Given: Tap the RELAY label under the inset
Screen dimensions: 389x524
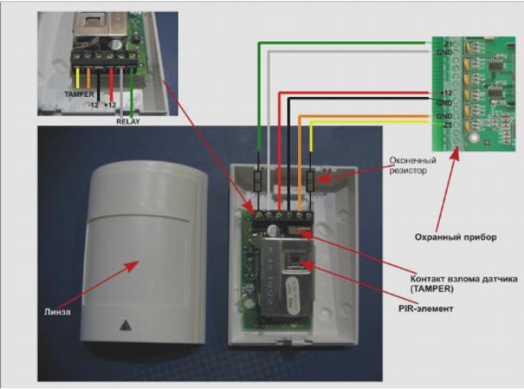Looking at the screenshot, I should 127,121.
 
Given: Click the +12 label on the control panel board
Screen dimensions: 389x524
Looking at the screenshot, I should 447,91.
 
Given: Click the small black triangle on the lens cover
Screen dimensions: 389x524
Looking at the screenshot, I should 127,326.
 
